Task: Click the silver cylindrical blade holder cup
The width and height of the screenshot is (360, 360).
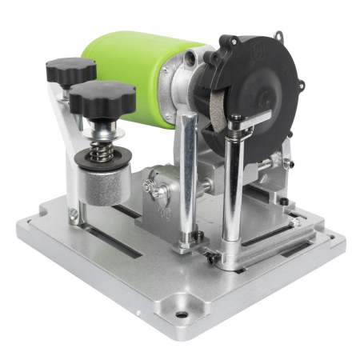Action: tap(103, 184)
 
